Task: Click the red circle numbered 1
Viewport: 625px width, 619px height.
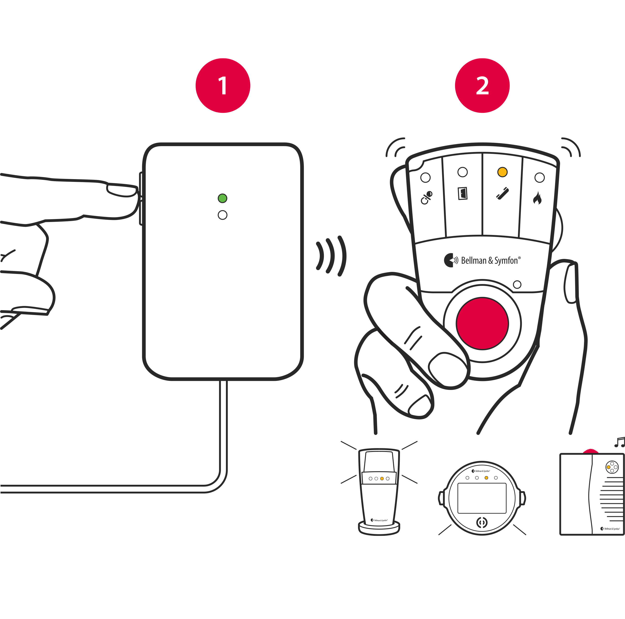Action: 223,85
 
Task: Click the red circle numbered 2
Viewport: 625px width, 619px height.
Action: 482,85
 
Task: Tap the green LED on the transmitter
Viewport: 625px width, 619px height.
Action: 223,198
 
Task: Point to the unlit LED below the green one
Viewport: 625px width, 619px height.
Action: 223,215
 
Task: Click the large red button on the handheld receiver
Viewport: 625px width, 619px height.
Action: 482,323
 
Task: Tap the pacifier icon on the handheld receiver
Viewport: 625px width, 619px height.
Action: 426,198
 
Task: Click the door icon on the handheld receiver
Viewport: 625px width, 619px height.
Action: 463,193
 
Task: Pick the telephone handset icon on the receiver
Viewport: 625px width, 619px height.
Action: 502,193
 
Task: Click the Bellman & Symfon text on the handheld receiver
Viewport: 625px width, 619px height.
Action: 489,260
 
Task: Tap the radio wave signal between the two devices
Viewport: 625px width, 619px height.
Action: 331,256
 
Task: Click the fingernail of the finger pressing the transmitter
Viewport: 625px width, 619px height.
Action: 122,190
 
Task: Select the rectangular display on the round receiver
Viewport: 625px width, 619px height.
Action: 482,498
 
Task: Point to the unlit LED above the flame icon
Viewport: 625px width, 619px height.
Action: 540,177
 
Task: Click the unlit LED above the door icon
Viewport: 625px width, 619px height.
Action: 463,172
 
